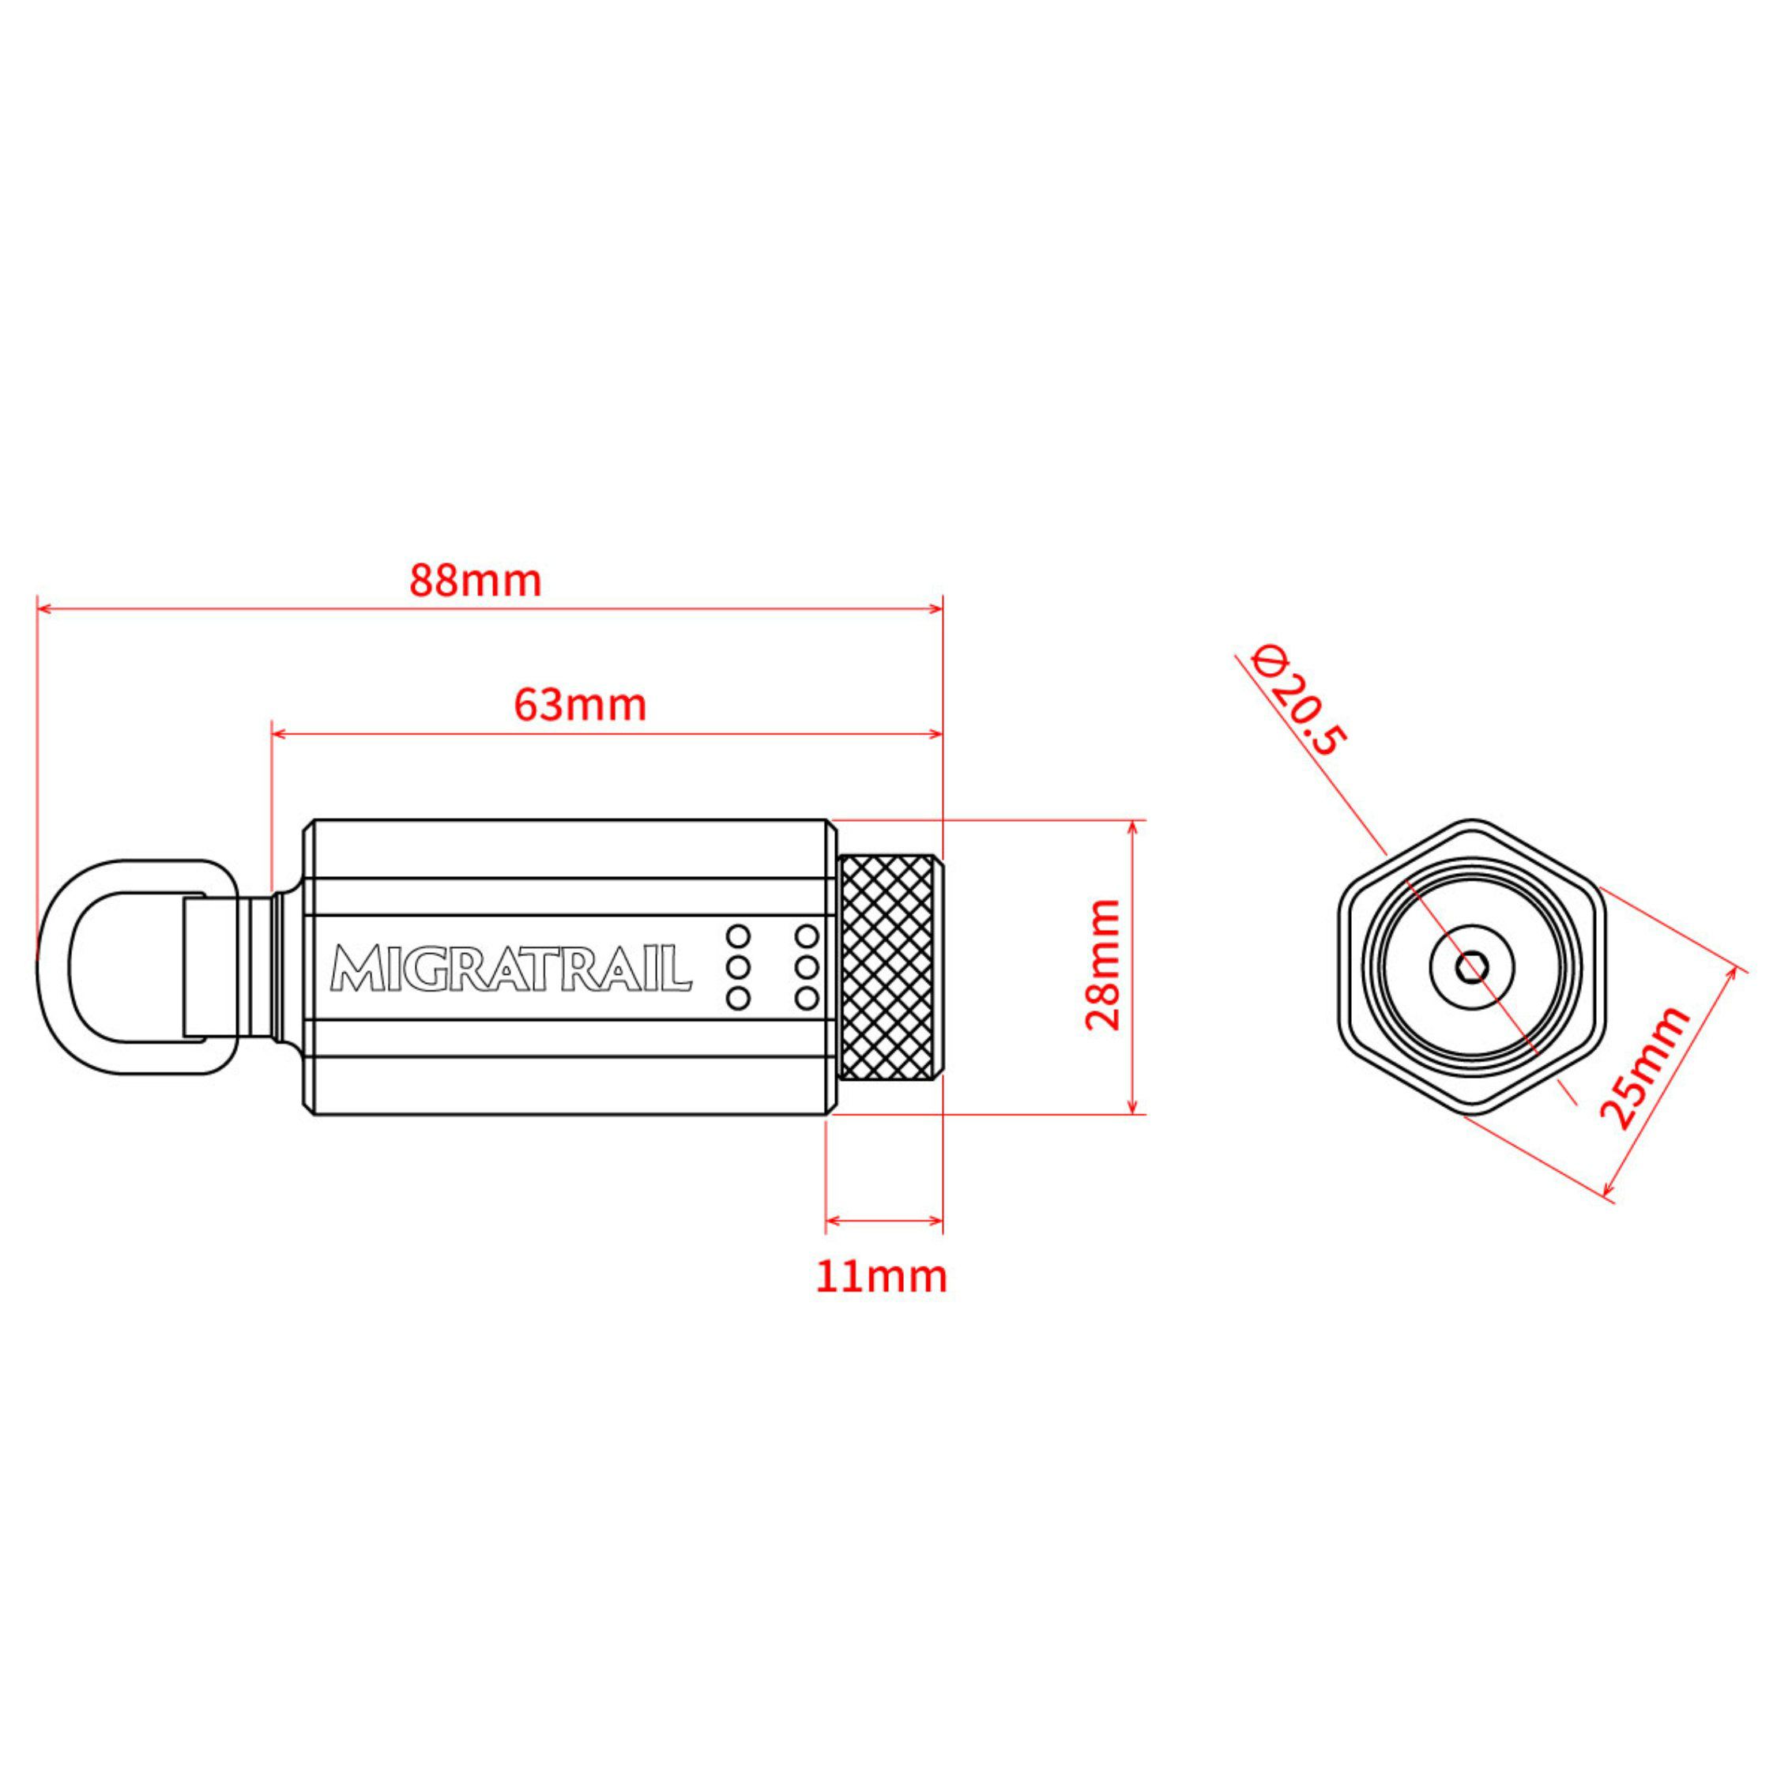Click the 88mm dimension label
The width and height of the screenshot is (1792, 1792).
475,581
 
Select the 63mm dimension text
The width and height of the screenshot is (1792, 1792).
580,705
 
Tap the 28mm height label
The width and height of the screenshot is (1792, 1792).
1104,965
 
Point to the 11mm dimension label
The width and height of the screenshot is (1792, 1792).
882,1276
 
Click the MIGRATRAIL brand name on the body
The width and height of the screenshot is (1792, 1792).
511,967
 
